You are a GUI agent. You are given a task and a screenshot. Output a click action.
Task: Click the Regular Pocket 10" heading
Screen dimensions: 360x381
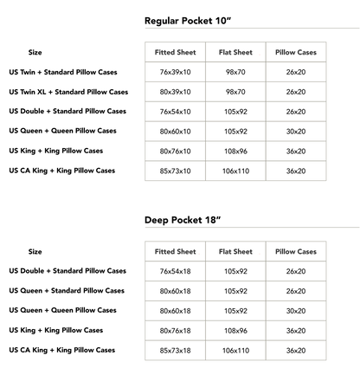click(188, 21)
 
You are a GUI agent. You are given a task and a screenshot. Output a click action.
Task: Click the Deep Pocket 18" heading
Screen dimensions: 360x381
click(183, 220)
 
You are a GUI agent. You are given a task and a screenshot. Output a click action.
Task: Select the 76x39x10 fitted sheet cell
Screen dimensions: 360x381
click(175, 72)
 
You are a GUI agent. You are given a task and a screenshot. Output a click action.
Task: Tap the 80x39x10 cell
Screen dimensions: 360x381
click(175, 92)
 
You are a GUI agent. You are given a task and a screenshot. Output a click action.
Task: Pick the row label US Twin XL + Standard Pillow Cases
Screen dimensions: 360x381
click(68, 92)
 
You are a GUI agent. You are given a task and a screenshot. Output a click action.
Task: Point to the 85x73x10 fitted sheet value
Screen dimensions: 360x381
click(175, 171)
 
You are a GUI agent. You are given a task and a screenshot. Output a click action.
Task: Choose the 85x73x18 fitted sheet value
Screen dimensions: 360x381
click(175, 351)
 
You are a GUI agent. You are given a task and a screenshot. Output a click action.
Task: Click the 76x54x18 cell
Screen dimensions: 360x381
click(175, 271)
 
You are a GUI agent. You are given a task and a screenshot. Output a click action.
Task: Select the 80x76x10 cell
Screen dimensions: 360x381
click(175, 152)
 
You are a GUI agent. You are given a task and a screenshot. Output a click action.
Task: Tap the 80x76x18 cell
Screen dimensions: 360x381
click(175, 331)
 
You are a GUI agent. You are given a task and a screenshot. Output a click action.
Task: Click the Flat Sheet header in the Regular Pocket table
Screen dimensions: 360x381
click(235, 52)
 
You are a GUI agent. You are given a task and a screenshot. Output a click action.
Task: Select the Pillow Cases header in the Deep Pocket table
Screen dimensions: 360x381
click(296, 252)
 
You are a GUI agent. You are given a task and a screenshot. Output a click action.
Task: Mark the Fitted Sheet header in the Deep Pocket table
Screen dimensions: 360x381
click(175, 252)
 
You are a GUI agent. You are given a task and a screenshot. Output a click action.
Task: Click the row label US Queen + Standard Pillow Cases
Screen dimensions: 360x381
click(67, 291)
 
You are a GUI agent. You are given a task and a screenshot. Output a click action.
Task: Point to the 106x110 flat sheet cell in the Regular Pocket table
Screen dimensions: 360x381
click(235, 171)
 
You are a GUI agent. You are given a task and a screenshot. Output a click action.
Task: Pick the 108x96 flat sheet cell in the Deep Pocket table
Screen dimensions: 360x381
click(235, 331)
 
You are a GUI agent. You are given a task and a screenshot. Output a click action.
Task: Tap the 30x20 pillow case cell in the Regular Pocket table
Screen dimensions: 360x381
click(296, 132)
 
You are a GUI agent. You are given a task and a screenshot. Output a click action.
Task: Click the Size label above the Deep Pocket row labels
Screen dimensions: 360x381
click(35, 252)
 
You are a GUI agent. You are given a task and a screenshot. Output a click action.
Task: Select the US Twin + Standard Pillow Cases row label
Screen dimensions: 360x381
click(63, 72)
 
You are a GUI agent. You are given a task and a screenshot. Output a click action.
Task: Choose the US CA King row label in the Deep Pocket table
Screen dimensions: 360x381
click(62, 350)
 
